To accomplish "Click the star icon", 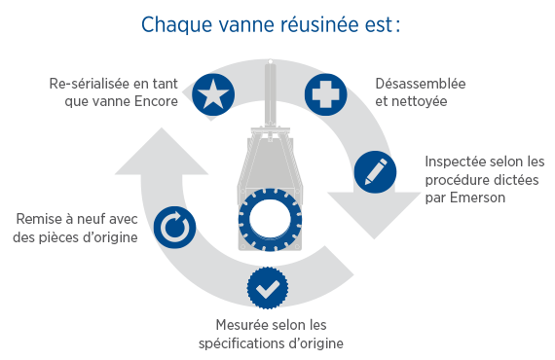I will pyautogui.click(x=212, y=93).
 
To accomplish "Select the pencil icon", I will pyautogui.click(x=374, y=169).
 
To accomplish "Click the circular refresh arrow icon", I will pyautogui.click(x=174, y=228).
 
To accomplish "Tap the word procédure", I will pyautogui.click(x=462, y=180).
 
